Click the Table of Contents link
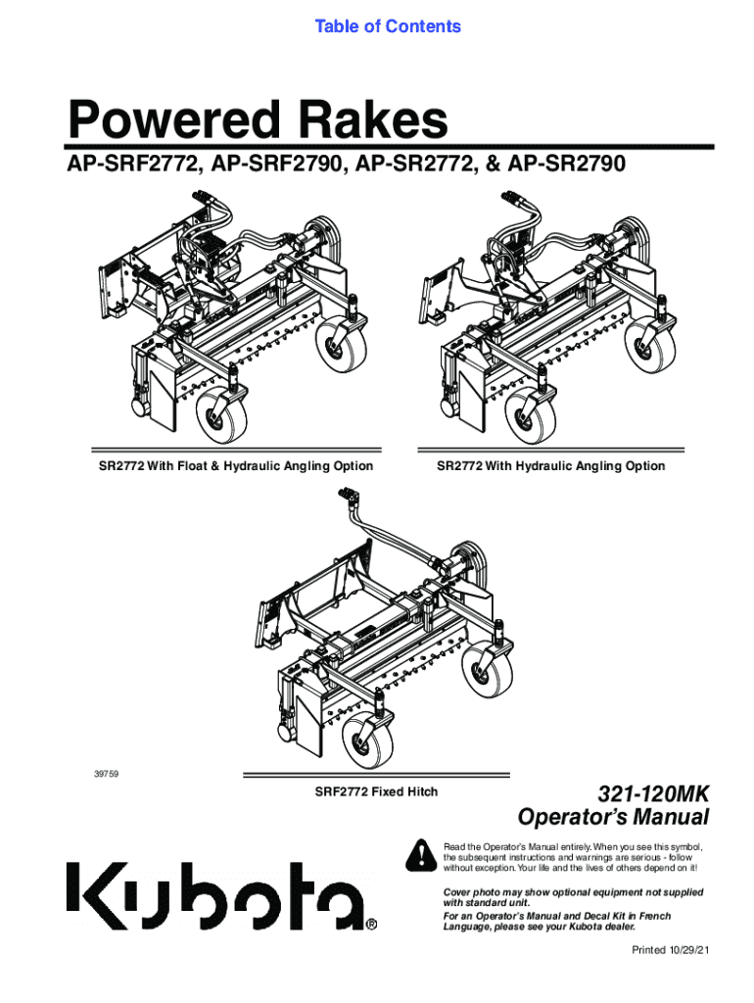point(388,26)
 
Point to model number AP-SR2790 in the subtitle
point(566,165)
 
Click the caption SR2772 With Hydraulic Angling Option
point(550,466)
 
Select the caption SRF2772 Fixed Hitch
point(376,791)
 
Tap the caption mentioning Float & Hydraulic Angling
point(235,466)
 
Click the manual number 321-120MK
point(653,794)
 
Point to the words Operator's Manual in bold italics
point(613,817)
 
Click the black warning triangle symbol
point(421,854)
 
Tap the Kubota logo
point(216,896)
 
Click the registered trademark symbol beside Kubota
point(372,925)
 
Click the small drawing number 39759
point(106,774)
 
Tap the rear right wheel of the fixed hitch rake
point(488,669)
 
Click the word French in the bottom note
point(653,916)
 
